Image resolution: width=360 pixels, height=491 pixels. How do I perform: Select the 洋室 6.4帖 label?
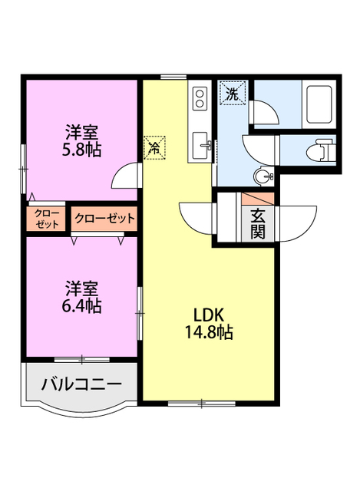[81, 297]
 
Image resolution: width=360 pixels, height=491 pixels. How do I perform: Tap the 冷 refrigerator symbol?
[154, 146]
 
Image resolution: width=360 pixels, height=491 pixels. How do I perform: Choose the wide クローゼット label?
[104, 218]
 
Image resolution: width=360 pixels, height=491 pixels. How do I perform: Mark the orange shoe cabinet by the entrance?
[257, 197]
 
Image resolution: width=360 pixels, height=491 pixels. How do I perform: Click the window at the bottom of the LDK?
[202, 402]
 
